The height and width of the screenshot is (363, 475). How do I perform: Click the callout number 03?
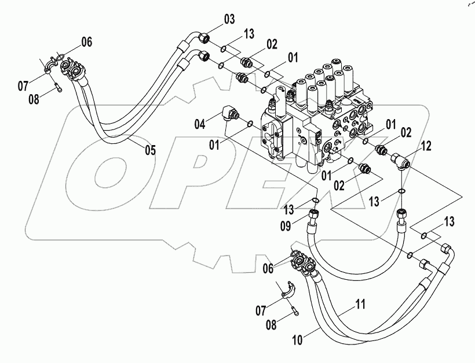click(229, 20)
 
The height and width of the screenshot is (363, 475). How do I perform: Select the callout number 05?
click(150, 151)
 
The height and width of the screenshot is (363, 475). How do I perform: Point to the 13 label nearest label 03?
click(248, 34)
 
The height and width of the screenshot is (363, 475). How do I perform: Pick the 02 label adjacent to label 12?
click(405, 132)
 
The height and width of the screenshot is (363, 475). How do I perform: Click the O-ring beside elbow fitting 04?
click(250, 123)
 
